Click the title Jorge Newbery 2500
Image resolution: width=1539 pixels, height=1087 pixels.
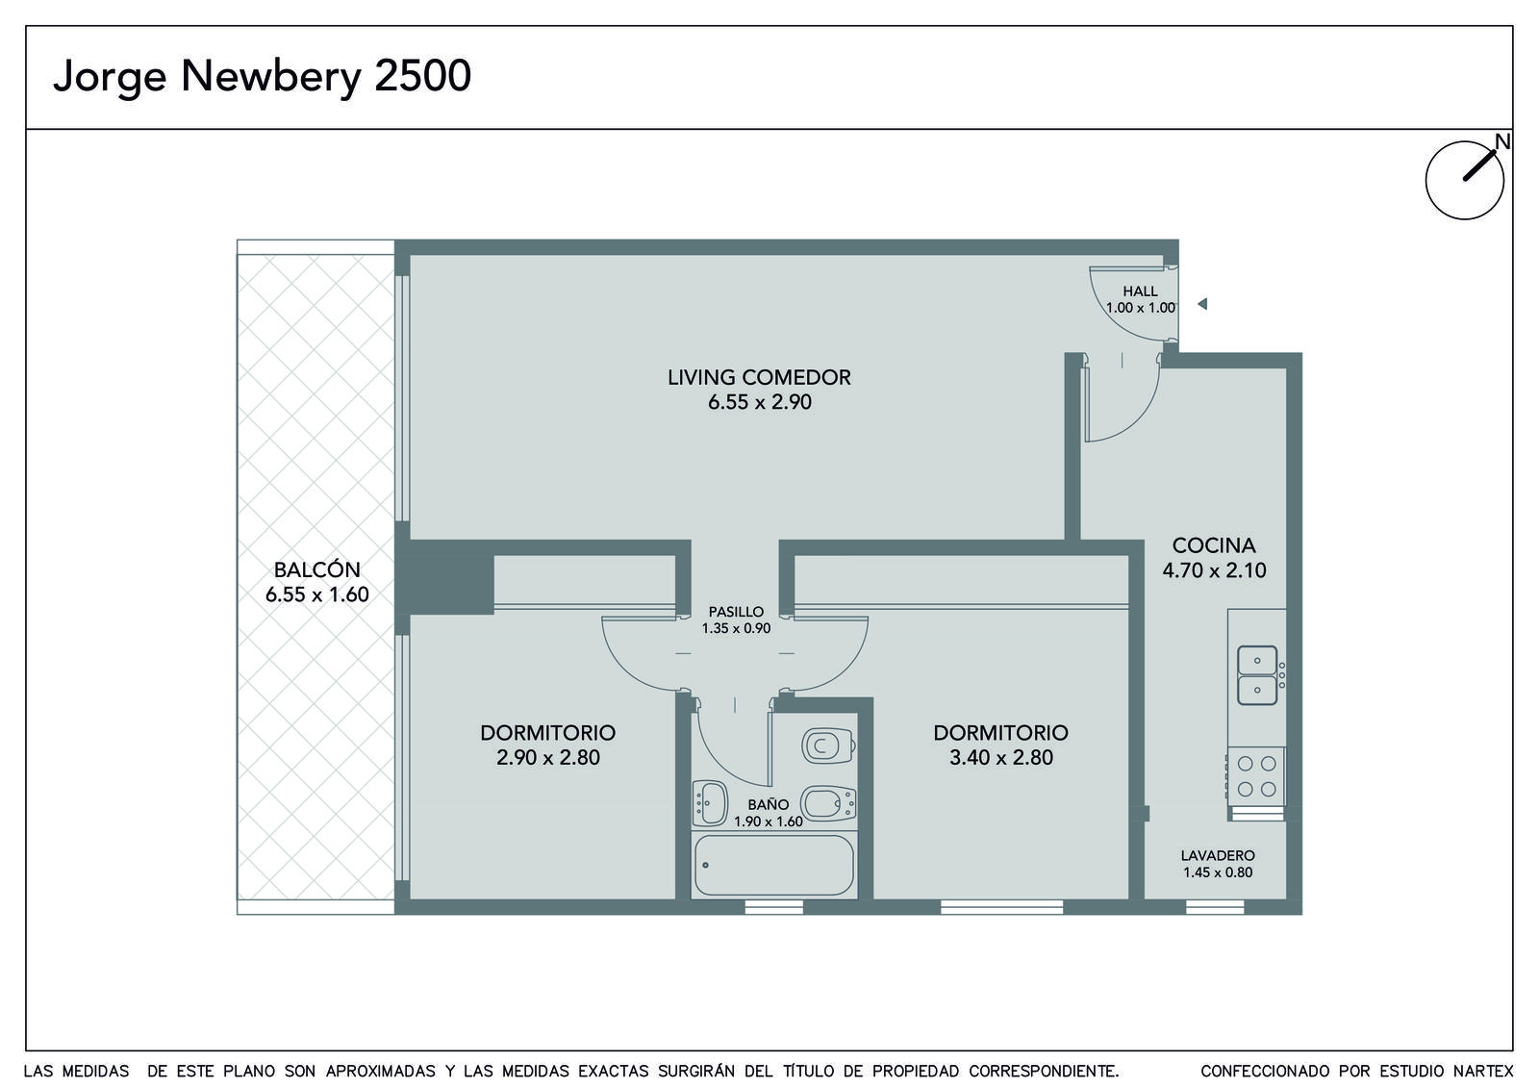click(x=262, y=76)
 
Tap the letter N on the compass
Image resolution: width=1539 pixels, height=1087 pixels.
click(x=1502, y=141)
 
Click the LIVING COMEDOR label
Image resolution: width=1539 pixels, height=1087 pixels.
click(x=759, y=377)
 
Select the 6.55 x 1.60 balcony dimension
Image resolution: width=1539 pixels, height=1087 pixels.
click(x=316, y=594)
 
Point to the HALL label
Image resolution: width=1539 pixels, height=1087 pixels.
click(x=1141, y=291)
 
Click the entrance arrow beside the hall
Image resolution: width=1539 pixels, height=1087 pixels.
click(x=1202, y=304)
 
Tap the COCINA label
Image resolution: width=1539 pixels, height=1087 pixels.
click(x=1214, y=545)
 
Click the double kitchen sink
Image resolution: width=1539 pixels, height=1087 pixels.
click(x=1257, y=675)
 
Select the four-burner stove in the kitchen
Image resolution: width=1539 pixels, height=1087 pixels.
click(x=1256, y=776)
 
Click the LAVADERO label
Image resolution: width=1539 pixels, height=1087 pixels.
click(x=1218, y=855)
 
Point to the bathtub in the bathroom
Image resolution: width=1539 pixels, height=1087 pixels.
click(x=774, y=865)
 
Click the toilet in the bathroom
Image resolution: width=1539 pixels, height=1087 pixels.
click(x=828, y=746)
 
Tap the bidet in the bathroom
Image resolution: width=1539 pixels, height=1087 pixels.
click(x=828, y=803)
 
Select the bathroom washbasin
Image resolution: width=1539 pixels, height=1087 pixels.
click(x=710, y=802)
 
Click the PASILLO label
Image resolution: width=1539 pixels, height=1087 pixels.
click(x=736, y=612)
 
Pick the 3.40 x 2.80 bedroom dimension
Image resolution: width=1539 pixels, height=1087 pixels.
click(x=1001, y=757)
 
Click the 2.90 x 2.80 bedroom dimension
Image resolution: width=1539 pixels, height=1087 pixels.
click(x=548, y=757)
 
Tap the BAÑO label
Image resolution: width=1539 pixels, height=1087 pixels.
click(x=769, y=804)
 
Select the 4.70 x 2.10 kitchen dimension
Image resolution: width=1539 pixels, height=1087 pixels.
click(x=1214, y=570)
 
